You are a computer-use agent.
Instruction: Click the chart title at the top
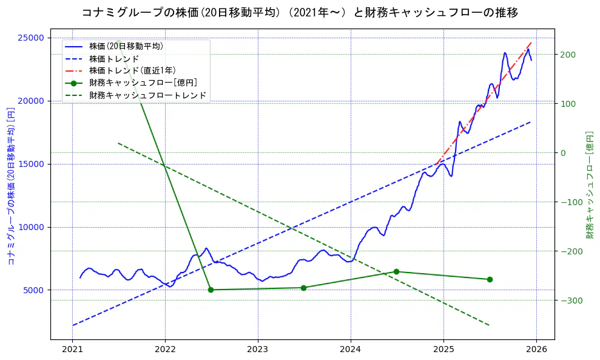point(300,12)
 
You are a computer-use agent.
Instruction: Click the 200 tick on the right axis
point(568,55)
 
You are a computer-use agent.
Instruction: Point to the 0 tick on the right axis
point(563,153)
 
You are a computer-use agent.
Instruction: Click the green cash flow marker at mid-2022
point(211,290)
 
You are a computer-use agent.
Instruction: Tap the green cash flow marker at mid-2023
point(303,288)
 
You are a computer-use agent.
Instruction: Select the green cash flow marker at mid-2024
point(396,271)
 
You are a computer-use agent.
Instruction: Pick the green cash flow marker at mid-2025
point(490,279)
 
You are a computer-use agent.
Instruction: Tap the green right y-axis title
point(589,185)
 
